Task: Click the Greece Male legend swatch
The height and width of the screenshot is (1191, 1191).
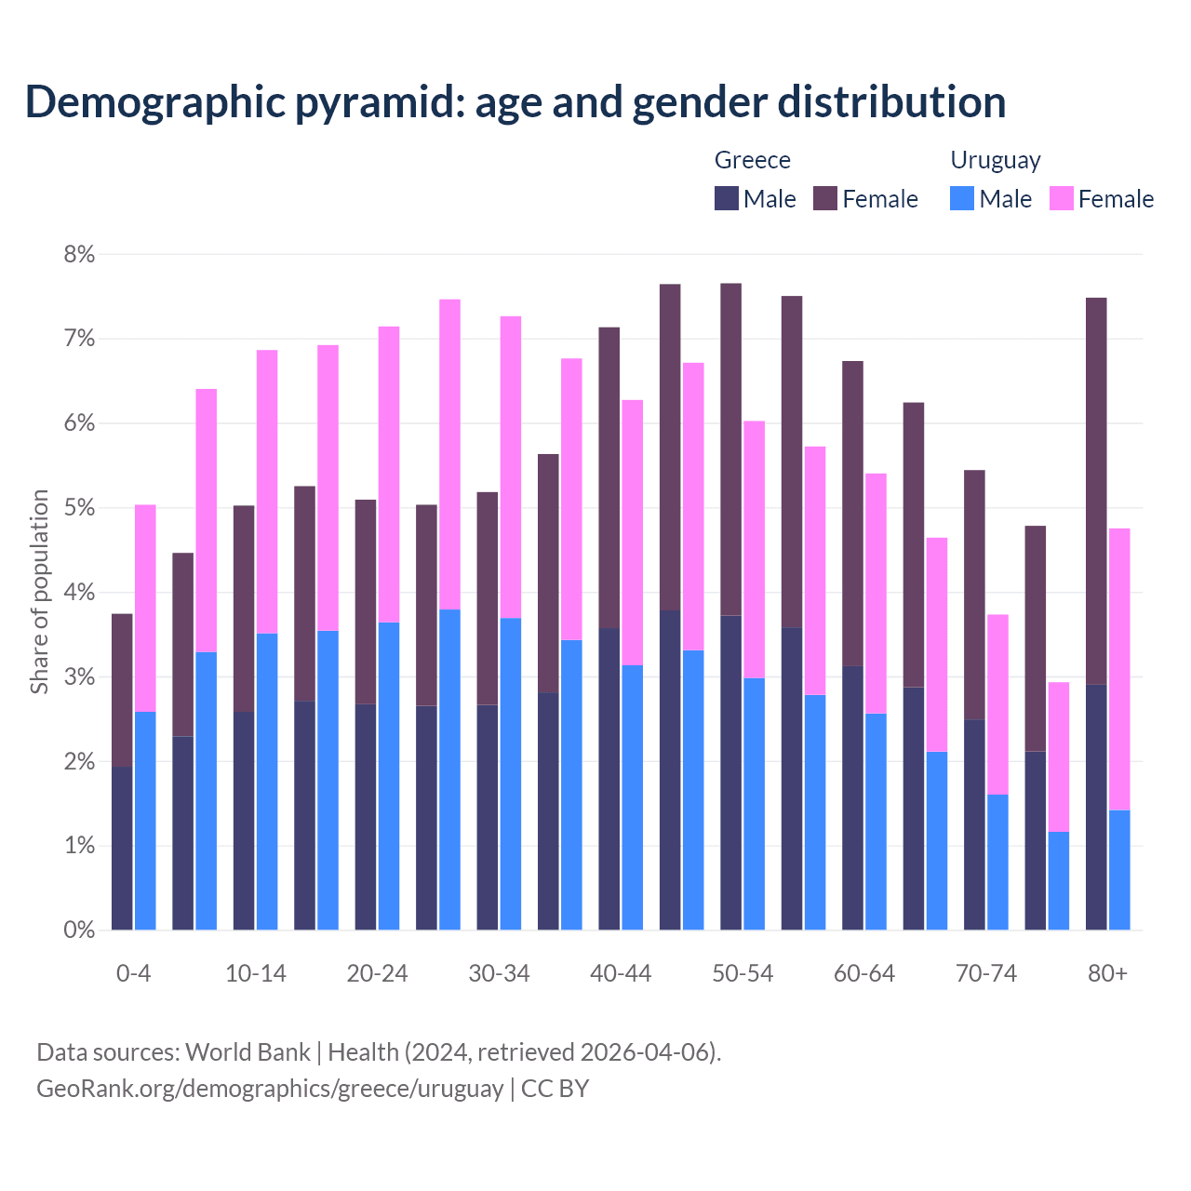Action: click(727, 198)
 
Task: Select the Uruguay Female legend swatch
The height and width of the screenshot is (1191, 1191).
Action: click(1062, 198)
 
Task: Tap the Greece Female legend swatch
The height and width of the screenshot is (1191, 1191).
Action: click(825, 198)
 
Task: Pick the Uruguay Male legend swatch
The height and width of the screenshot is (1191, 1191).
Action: click(962, 198)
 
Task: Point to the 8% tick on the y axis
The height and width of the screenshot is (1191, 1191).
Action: click(79, 254)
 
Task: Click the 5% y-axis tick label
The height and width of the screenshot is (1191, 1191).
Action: click(79, 508)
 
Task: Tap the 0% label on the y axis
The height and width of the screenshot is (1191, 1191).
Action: click(79, 930)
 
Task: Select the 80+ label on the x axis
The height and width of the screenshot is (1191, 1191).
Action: click(1107, 973)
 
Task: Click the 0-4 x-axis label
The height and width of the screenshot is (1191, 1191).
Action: click(133, 973)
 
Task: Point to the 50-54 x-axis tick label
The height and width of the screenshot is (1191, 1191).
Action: click(743, 973)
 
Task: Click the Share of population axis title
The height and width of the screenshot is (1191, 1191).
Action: click(40, 592)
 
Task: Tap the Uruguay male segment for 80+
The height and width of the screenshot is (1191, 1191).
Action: click(1119, 870)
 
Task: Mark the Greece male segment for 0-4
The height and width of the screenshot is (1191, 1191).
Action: click(122, 848)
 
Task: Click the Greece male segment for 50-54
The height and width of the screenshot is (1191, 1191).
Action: click(730, 772)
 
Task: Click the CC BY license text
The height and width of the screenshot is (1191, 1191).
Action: click(555, 1089)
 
